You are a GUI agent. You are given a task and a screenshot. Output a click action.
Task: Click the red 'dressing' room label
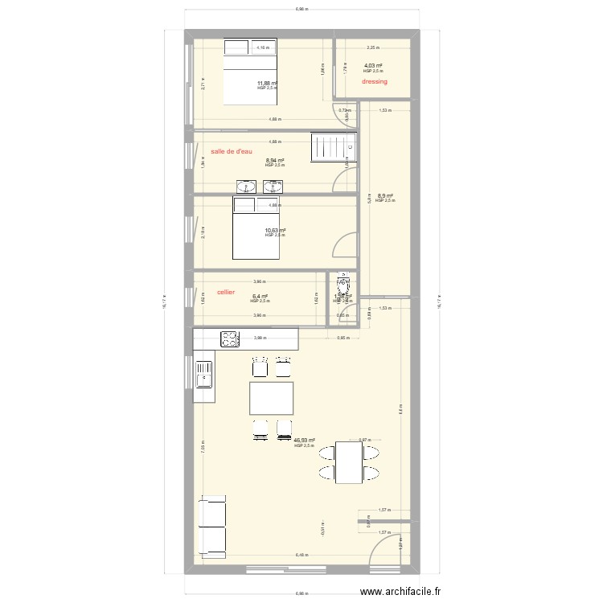[x=375, y=81]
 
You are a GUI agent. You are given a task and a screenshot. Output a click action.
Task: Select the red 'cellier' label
[x=226, y=292]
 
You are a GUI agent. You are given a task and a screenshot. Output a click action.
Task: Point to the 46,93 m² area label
[x=304, y=441]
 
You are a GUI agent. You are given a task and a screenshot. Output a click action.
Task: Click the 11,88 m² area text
[x=266, y=83]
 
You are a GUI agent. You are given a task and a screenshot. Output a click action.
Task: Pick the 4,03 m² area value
[x=372, y=66]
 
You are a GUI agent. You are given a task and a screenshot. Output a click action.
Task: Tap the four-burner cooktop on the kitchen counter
[x=228, y=338]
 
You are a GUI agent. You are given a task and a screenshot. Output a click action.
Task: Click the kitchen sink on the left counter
[x=204, y=375]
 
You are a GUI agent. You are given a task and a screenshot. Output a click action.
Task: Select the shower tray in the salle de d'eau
[x=332, y=148]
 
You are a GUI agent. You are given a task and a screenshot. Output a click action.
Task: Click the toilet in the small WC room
[x=342, y=285]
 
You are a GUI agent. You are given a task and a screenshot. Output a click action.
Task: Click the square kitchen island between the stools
[x=271, y=398]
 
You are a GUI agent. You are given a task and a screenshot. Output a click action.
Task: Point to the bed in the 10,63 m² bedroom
[x=256, y=228]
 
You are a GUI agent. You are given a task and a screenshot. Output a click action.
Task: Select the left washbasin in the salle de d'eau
[x=245, y=187]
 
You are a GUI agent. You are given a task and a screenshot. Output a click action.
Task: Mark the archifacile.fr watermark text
[x=400, y=593]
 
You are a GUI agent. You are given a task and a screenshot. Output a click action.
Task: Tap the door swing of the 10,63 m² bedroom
[x=345, y=244]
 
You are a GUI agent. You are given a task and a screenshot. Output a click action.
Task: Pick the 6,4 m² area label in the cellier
[x=260, y=296]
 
